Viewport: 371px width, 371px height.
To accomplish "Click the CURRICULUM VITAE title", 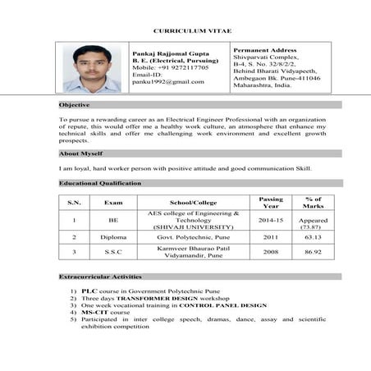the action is [185, 30].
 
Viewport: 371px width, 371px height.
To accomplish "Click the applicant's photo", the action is [91, 68].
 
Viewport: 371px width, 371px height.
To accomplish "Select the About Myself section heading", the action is [80, 153].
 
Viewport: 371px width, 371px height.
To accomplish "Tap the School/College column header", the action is [194, 203].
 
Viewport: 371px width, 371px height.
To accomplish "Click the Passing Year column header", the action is [270, 203].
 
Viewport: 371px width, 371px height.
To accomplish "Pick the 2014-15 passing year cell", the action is [270, 221].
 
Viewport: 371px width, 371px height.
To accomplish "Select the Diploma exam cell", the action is [113, 237].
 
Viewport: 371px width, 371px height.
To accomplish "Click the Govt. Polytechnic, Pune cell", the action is [194, 237].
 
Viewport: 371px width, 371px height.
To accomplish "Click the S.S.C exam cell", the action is [113, 252].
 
